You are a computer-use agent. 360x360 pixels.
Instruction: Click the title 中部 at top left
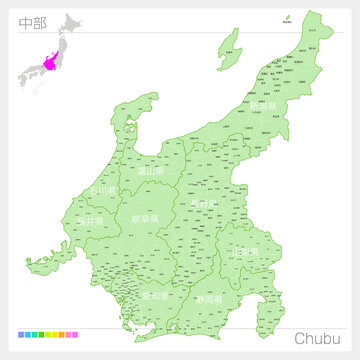click(32, 23)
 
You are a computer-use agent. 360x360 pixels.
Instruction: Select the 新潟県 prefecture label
click(264, 107)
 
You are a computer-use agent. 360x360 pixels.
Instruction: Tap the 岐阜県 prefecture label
click(143, 216)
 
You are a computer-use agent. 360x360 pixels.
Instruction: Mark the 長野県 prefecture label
click(203, 205)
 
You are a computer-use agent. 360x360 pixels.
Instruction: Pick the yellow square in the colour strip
click(53, 336)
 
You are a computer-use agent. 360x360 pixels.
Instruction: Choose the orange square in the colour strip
click(61, 336)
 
